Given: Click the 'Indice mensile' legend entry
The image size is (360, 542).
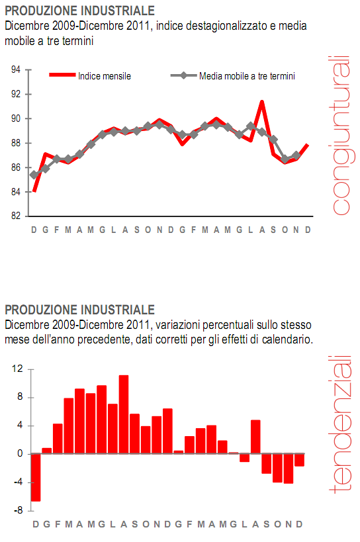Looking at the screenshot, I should click(104, 76).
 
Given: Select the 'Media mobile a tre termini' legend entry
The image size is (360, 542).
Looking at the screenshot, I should click(246, 76).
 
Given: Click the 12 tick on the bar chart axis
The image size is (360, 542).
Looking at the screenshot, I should click(18, 369).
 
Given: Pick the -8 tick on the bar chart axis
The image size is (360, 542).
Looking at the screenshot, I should click(19, 510).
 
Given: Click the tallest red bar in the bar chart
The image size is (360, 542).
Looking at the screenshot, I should click(123, 414).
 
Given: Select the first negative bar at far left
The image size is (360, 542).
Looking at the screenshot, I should click(36, 477).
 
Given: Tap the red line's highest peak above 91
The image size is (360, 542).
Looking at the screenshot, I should click(262, 102).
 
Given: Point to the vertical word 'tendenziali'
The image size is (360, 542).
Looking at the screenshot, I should click(340, 424).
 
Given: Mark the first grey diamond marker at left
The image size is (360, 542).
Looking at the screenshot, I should click(34, 175).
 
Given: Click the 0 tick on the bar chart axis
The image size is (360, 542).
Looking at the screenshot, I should click(21, 454).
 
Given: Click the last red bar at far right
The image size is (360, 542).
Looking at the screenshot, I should click(299, 460).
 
